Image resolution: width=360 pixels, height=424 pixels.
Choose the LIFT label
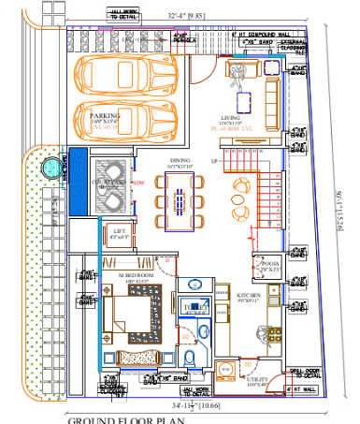(119, 230)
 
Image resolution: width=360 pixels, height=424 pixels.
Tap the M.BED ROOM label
(131, 274)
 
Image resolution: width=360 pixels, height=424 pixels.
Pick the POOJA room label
(270, 265)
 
